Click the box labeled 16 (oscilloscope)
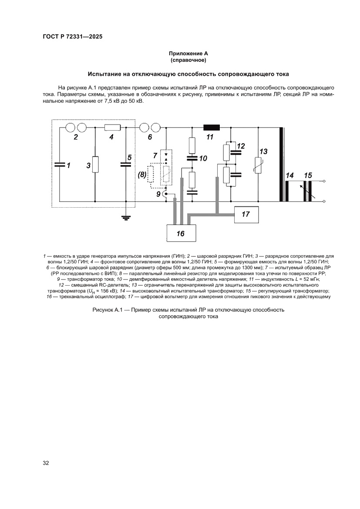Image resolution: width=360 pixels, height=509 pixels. [x=180, y=233]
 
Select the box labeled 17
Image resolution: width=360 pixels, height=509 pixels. [x=246, y=214]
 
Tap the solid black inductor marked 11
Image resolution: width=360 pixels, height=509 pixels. [x=212, y=128]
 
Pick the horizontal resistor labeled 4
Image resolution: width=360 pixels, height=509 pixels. [x=113, y=128]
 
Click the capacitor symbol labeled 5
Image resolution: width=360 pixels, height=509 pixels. [x=126, y=165]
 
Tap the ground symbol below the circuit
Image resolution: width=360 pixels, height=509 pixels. [x=126, y=217]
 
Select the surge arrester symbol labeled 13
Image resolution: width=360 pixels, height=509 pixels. [x=259, y=165]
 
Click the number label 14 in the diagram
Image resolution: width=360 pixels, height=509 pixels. [x=290, y=175]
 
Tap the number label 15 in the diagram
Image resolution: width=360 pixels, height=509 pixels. [x=308, y=175]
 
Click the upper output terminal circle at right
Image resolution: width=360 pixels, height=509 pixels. [x=324, y=181]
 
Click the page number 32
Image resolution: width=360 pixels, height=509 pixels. [x=46, y=462]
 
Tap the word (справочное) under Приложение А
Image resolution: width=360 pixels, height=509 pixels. [x=188, y=60]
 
